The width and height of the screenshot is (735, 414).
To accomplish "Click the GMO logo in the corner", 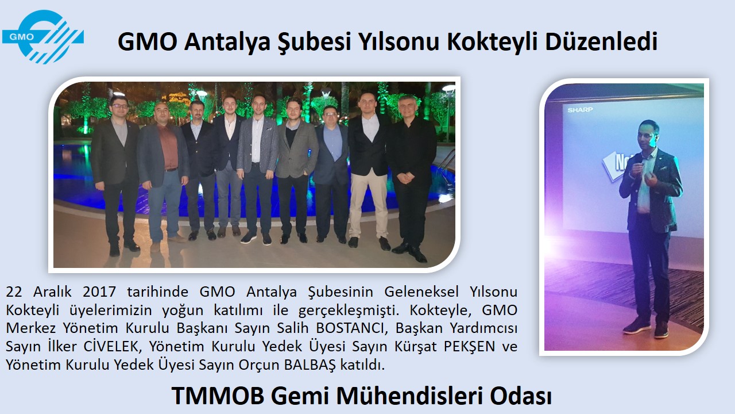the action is coord(42,36).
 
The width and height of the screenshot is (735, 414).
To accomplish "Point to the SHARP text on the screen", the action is coord(580,110).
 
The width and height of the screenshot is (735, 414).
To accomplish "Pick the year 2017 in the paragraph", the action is coord(99,292).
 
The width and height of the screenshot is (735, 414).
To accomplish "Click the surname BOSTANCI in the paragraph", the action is coord(350,328).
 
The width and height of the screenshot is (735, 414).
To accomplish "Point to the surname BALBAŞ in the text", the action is coord(310,365).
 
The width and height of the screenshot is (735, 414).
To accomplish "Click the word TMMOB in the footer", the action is coord(218,396).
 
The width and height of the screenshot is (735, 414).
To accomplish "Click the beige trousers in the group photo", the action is coord(369,204).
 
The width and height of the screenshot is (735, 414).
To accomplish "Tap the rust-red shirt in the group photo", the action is coord(168,147).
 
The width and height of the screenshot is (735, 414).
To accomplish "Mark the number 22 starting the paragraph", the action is coord(14,292).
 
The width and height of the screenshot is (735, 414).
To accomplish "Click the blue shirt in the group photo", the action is coord(333,142).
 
